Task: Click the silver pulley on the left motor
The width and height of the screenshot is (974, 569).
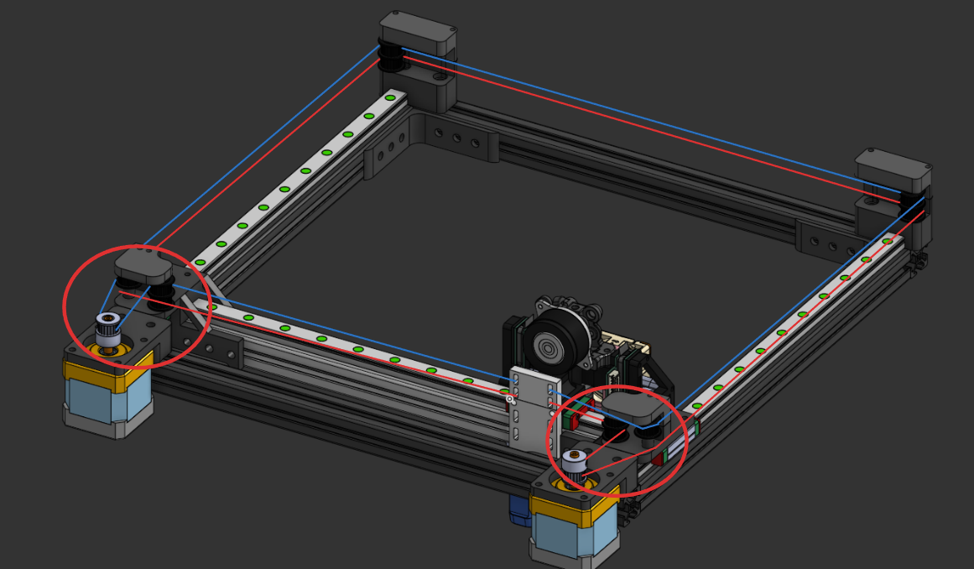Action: tap(108, 328)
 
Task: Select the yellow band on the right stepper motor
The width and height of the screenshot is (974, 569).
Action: tap(570, 506)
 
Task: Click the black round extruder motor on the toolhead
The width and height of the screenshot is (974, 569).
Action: tap(553, 344)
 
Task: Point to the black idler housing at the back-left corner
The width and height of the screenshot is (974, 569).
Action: tap(418, 34)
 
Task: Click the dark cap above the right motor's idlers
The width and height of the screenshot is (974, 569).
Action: tap(634, 409)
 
